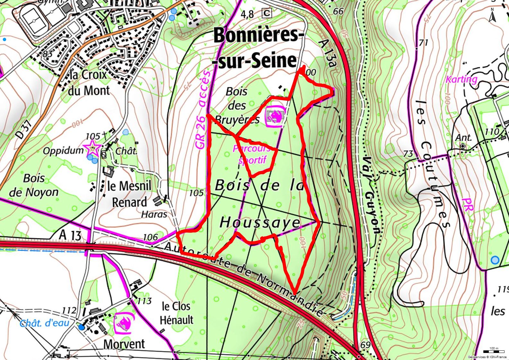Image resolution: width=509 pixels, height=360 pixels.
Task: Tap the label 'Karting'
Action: point(462,79)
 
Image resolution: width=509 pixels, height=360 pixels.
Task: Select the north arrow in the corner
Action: point(492,15)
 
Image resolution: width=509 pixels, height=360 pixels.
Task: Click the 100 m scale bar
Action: point(494,352)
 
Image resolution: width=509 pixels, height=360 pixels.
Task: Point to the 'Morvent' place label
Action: point(124,344)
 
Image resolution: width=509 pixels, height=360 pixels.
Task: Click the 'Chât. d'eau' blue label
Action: point(45,323)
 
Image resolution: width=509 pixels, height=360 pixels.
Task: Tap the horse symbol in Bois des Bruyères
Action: point(275,116)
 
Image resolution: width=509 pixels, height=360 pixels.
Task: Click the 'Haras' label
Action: point(154,214)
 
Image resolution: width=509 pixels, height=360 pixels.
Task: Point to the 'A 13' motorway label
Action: point(70,236)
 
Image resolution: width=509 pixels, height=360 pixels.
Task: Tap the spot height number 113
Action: point(144,301)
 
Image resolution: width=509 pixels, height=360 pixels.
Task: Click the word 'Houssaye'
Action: point(260,222)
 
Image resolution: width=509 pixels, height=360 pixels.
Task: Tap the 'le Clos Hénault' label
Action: point(176,313)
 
